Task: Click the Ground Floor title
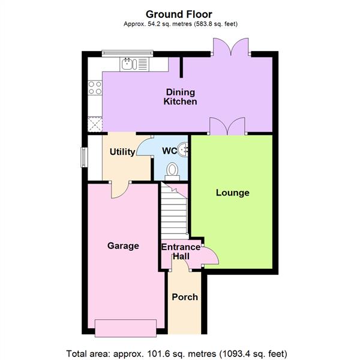(x=179, y=13)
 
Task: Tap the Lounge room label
(x=232, y=193)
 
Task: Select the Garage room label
(x=123, y=245)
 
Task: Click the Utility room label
(x=122, y=152)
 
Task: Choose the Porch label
(x=185, y=297)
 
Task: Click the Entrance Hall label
(x=181, y=251)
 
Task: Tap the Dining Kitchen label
(x=180, y=97)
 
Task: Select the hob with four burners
(x=95, y=88)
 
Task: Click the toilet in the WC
(x=173, y=171)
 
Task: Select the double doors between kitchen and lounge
(x=227, y=126)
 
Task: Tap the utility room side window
(x=84, y=154)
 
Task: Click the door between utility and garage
(x=120, y=189)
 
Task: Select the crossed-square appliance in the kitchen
(x=95, y=124)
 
